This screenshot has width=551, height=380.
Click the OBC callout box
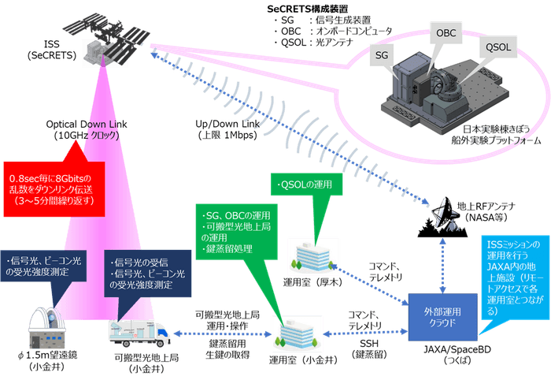(445, 35)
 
